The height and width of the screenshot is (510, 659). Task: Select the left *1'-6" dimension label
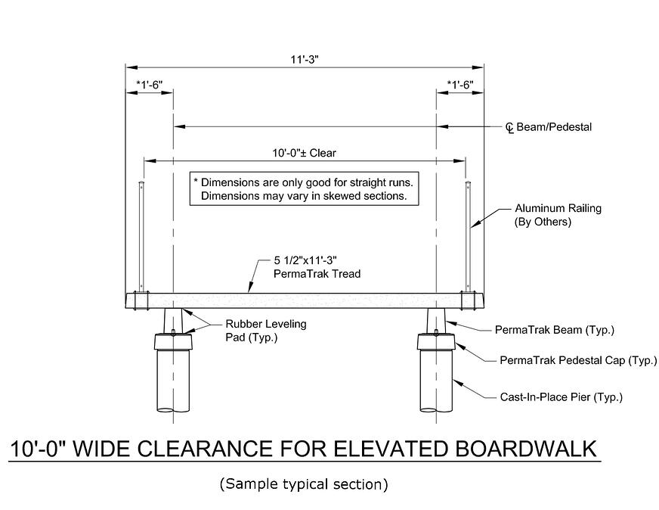pos(149,85)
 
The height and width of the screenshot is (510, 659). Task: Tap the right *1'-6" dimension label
pos(459,85)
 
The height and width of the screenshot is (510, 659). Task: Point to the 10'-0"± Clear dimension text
pos(304,153)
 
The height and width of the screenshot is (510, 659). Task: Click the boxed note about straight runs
pos(304,189)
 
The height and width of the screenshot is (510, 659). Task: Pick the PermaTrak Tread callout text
pos(317,267)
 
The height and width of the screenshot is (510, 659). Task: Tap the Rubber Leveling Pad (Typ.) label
pos(261,331)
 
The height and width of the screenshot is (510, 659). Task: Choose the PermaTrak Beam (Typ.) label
pos(554,330)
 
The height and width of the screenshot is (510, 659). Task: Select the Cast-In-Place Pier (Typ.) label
pos(561,396)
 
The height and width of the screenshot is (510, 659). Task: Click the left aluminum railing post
pos(140,235)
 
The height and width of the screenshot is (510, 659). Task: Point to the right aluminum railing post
pos(469,235)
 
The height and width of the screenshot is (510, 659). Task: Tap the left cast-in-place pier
pos(174,382)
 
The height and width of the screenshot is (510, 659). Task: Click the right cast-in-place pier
pos(437,382)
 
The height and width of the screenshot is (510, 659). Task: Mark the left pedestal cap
pos(174,343)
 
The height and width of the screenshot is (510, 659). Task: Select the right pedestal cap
pos(437,343)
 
